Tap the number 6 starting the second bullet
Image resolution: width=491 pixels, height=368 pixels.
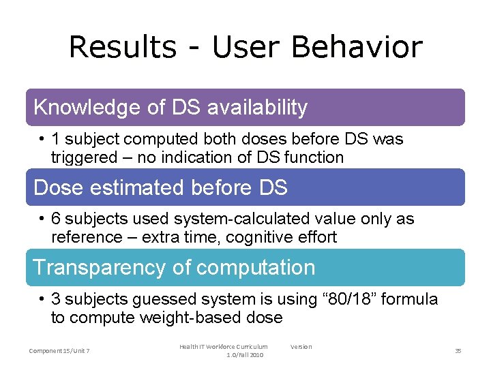tap(57, 219)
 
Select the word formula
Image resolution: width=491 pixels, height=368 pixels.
tap(409, 299)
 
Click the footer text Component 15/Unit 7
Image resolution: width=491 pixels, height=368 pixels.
tap(59, 350)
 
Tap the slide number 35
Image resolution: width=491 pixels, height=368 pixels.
tap(458, 350)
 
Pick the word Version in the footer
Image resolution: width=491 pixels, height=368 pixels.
tap(301, 347)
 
